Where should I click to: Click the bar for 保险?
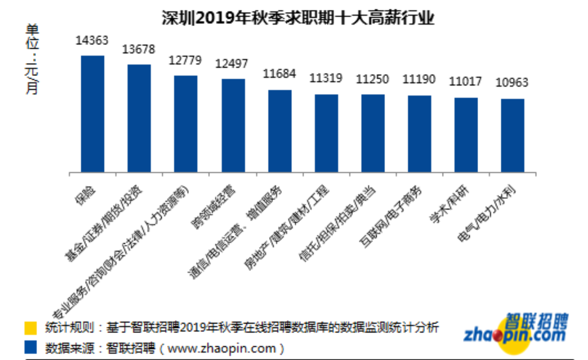pyautogui.click(x=93, y=114)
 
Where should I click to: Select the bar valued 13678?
pyautogui.click(x=139, y=118)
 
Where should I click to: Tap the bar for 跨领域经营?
pyautogui.click(x=233, y=126)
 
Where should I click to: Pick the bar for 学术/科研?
pyautogui.click(x=466, y=135)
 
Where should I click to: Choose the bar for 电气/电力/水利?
pyautogui.click(x=513, y=135)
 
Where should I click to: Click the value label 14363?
pyautogui.click(x=92, y=40)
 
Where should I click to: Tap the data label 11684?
pyautogui.click(x=279, y=74)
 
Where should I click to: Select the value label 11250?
pyautogui.click(x=373, y=79)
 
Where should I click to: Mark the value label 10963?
pyautogui.click(x=512, y=82)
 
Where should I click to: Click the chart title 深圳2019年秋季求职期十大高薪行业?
pyautogui.click(x=298, y=19)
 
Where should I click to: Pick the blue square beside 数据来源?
pyautogui.click(x=31, y=348)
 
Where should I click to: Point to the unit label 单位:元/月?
pyautogui.click(x=32, y=59)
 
